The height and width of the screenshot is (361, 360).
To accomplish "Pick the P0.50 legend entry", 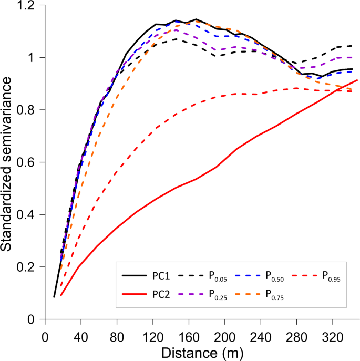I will [274, 276].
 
